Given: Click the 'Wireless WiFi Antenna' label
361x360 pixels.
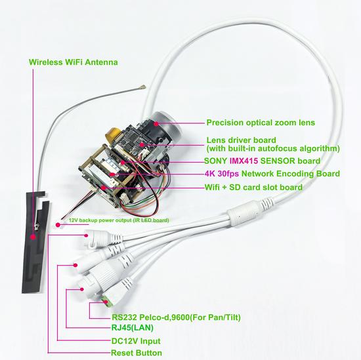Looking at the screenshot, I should tap(74, 63).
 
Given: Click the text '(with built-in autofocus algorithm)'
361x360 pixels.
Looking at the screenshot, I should tap(273, 148).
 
